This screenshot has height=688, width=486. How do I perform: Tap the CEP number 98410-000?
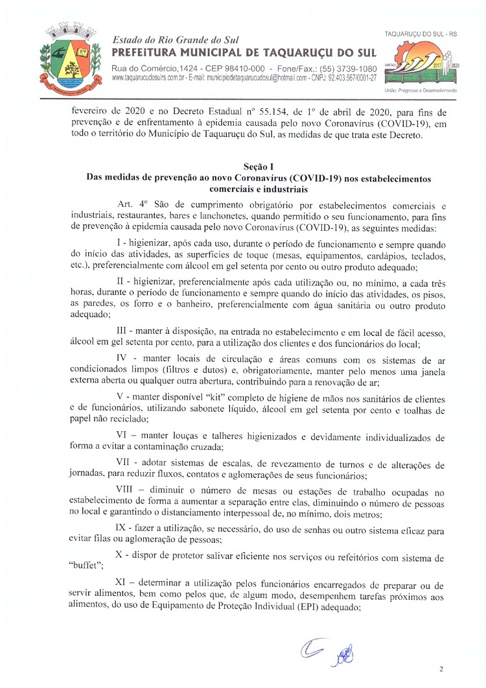tap(239, 69)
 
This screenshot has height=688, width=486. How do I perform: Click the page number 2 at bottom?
tap(441, 669)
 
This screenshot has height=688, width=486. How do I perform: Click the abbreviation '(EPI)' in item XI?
tap(316, 609)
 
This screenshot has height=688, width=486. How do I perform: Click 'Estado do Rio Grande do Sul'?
tap(173, 40)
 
